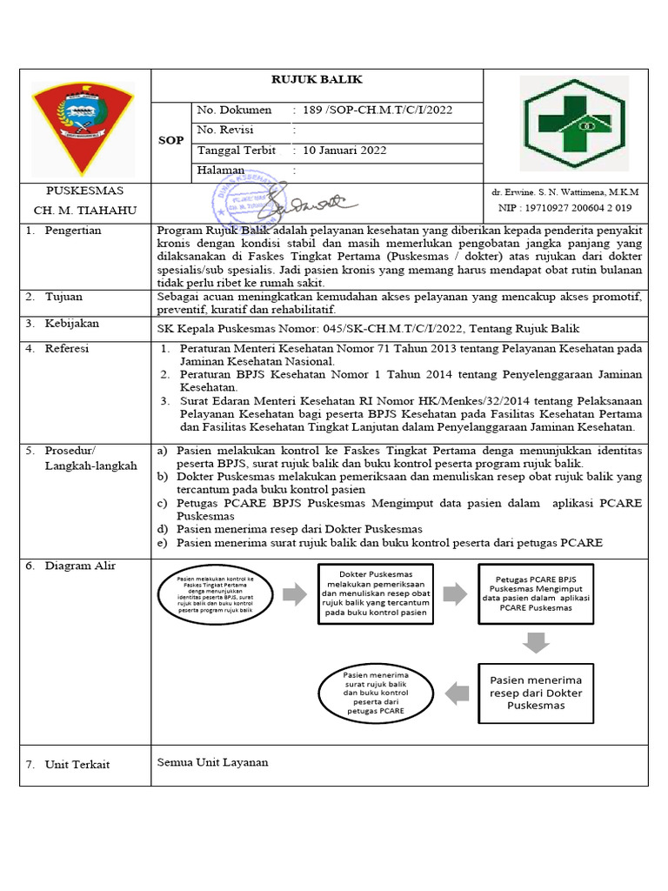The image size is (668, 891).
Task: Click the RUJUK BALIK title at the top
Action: pyautogui.click(x=317, y=80)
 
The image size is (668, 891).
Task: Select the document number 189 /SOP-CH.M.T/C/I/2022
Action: pyautogui.click(x=374, y=111)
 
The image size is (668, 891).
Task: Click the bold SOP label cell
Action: pyautogui.click(x=171, y=140)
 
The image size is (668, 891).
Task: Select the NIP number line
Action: pyautogui.click(x=564, y=209)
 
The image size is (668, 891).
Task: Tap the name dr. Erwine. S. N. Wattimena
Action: pyautogui.click(x=564, y=191)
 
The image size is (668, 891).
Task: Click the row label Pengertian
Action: pyautogui.click(x=76, y=231)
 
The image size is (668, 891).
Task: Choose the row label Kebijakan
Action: pyautogui.click(x=75, y=324)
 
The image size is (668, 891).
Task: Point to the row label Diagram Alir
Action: pyautogui.click(x=81, y=566)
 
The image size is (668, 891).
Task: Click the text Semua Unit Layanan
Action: pyautogui.click(x=212, y=762)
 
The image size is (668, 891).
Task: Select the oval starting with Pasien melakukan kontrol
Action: pyautogui.click(x=214, y=595)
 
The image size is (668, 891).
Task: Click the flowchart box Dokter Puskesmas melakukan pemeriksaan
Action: pyautogui.click(x=376, y=594)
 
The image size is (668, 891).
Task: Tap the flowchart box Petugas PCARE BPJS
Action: pyautogui.click(x=536, y=593)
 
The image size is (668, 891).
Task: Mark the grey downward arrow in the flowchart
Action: pyautogui.click(x=536, y=643)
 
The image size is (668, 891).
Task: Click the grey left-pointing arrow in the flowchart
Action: pyautogui.click(x=456, y=693)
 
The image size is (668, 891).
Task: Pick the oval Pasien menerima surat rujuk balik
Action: pyautogui.click(x=376, y=693)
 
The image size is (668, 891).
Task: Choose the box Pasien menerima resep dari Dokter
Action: pyautogui.click(x=536, y=693)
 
